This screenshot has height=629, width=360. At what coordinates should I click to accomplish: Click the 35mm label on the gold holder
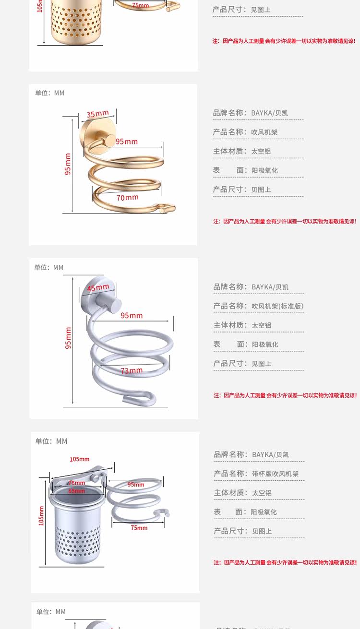pyautogui.click(x=97, y=114)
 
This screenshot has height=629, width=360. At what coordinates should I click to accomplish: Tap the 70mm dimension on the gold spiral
pyautogui.click(x=127, y=197)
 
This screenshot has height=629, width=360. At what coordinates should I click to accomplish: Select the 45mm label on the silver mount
pyautogui.click(x=98, y=288)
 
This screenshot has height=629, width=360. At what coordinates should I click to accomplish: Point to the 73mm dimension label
pyautogui.click(x=132, y=370)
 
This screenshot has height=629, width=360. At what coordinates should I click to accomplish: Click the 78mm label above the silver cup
pyautogui.click(x=76, y=483)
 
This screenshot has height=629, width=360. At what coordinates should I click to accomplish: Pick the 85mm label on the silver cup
pyautogui.click(x=76, y=491)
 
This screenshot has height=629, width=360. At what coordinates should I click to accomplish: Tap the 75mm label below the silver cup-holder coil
pyautogui.click(x=139, y=528)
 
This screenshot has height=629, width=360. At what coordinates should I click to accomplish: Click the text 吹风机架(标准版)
pyautogui.click(x=277, y=306)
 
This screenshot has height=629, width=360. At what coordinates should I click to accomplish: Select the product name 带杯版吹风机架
pyautogui.click(x=275, y=474)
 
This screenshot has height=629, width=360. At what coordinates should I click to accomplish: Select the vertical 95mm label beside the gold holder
pyautogui.click(x=68, y=164)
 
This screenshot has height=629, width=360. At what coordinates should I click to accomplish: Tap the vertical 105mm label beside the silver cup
pyautogui.click(x=41, y=516)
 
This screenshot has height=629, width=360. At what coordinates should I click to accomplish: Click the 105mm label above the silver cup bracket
pyautogui.click(x=79, y=459)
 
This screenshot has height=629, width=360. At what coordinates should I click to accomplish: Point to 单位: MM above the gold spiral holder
pyautogui.click(x=49, y=93)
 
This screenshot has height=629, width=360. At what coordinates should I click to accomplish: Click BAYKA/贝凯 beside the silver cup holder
pyautogui.click(x=270, y=454)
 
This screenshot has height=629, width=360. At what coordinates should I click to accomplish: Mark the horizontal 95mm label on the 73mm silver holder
pyautogui.click(x=132, y=316)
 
